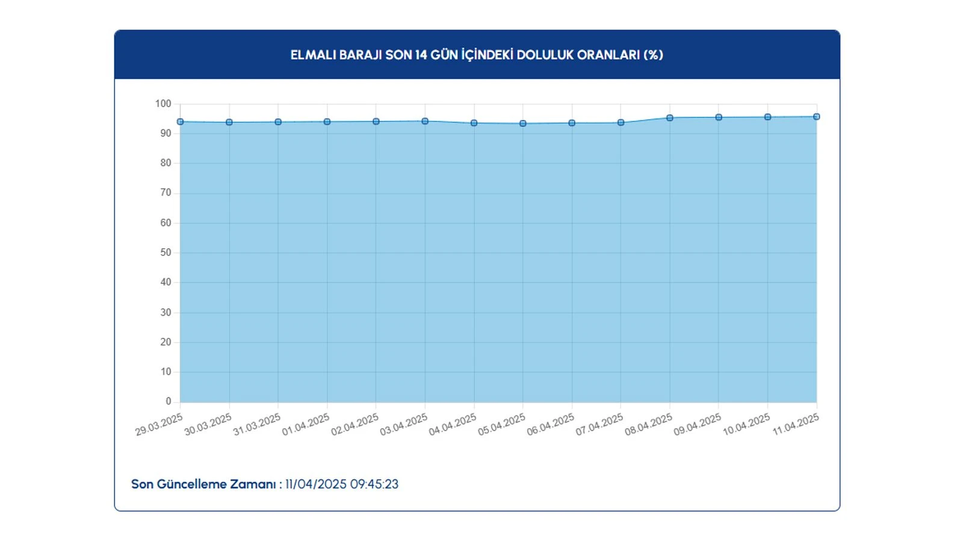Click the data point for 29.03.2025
(181, 122)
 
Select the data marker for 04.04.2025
(474, 123)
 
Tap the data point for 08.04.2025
(670, 118)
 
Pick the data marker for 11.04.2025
(817, 117)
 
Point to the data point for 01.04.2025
(327, 122)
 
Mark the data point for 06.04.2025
(572, 123)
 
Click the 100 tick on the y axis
(163, 104)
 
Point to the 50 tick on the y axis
(166, 252)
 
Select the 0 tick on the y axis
(169, 401)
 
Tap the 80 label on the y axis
(166, 163)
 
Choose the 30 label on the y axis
(166, 312)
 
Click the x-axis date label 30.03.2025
(208, 425)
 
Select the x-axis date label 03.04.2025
(403, 425)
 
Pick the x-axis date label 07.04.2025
(599, 425)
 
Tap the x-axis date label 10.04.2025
(746, 425)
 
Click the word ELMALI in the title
(313, 55)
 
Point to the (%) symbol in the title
(653, 55)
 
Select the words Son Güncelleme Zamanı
(203, 484)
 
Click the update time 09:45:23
(374, 484)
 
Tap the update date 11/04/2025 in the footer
(316, 484)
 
